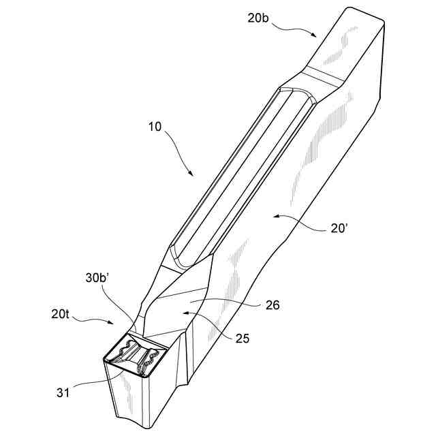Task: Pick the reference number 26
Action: (271, 306)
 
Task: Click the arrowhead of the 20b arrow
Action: (315, 35)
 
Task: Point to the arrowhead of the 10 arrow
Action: (191, 176)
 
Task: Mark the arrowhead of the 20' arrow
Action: (272, 216)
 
